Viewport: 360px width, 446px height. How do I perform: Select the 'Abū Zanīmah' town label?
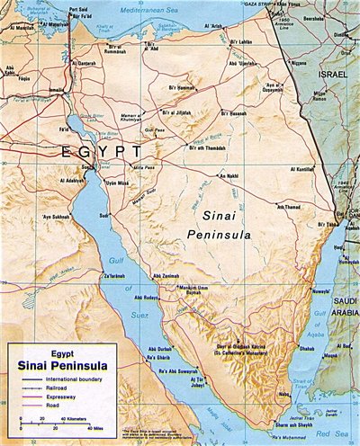(168, 274)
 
